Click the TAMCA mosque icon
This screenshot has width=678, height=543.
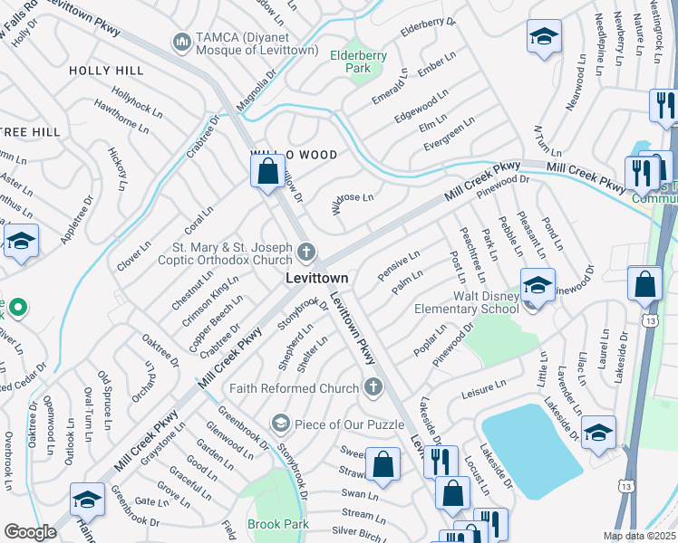point(181,42)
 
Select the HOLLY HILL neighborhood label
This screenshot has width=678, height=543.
point(105,70)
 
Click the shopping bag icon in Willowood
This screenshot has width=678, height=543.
point(267,170)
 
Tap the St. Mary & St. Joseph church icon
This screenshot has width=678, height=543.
point(307,250)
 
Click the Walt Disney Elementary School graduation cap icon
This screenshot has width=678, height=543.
point(537,285)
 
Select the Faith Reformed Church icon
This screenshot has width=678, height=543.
point(372,388)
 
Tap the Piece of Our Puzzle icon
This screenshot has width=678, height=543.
point(280,423)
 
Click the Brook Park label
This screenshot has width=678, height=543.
point(278,524)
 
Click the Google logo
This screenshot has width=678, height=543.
point(30,532)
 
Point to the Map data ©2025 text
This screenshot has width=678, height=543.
point(639,536)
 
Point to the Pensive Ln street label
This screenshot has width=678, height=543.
point(399,265)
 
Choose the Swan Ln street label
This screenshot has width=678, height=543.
point(359,494)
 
